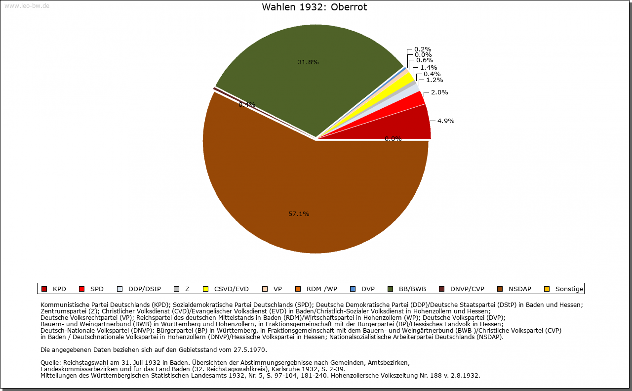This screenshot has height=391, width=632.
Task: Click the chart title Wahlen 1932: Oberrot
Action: tap(315, 7)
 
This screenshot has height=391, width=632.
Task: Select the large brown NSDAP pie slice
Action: tap(316, 198)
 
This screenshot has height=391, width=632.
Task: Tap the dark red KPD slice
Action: tap(405, 126)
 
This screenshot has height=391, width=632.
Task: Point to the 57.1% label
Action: tap(299, 214)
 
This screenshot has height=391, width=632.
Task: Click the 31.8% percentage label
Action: tap(308, 62)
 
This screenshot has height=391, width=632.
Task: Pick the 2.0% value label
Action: tap(439, 92)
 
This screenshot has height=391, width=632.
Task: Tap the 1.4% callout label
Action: tap(429, 68)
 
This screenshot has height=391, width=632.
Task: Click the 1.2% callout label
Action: tap(434, 80)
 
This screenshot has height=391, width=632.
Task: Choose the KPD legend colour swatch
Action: tap(44, 289)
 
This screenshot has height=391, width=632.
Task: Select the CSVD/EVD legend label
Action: tap(231, 289)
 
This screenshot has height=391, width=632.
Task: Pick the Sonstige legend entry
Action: tap(569, 289)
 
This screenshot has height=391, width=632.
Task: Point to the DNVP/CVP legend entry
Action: tap(467, 289)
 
